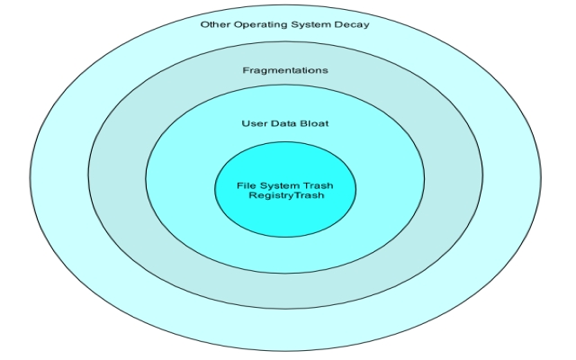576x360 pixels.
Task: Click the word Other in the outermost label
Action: [213, 24]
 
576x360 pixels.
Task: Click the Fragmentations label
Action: [285, 70]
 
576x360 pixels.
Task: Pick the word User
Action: [255, 122]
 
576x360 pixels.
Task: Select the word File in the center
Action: [246, 185]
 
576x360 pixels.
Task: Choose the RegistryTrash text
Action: [285, 195]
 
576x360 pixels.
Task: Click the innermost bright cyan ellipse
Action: [285, 216]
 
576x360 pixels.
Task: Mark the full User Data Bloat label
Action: [284, 122]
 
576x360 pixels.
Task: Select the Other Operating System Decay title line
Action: [284, 24]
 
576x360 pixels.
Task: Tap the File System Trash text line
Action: [285, 185]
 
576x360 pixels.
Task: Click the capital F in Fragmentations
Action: [246, 70]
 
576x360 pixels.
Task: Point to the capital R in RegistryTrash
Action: [252, 195]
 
